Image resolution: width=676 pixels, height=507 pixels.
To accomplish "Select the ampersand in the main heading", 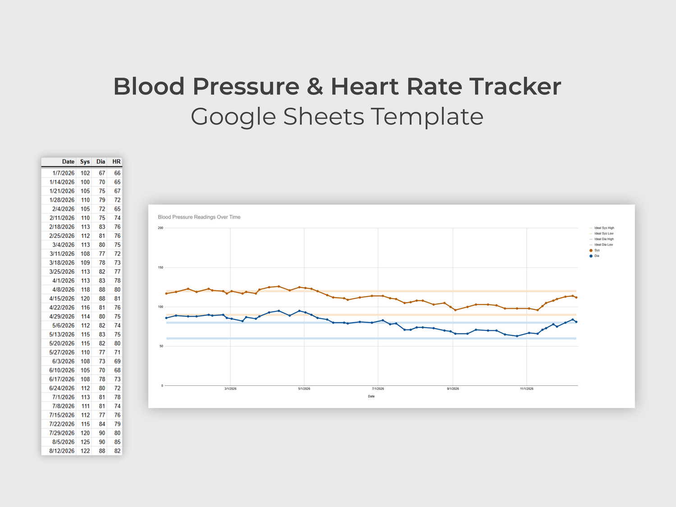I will (x=315, y=87).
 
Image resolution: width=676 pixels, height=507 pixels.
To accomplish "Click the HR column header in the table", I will (x=116, y=162).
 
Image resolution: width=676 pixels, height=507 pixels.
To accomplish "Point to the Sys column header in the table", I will (x=85, y=162).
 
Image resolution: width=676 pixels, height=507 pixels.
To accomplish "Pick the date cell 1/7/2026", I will (x=63, y=173).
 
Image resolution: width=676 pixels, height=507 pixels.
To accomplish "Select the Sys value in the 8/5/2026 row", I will (x=85, y=442).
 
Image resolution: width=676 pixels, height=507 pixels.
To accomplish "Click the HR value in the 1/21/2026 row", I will (x=117, y=191).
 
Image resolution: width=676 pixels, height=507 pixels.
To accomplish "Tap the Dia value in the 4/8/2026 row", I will (x=102, y=290).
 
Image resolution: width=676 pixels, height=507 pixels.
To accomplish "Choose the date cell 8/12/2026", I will (x=62, y=451).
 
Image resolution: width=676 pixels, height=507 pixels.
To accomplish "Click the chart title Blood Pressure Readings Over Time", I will (x=199, y=217).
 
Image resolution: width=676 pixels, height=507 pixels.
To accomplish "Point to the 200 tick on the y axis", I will (x=160, y=228).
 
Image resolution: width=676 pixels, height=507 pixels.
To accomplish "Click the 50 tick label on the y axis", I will (x=161, y=346).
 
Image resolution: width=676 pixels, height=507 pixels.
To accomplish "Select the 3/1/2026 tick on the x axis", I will (x=230, y=388).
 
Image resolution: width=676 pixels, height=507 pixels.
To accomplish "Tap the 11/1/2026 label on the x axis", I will (x=526, y=388).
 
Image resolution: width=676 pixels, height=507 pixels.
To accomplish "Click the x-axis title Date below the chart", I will (x=371, y=397).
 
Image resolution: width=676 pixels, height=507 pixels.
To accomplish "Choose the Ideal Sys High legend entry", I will (x=604, y=228).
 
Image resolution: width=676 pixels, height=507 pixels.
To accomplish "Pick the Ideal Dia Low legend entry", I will (x=603, y=245).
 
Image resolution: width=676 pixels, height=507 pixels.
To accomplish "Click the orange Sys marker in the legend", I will (x=591, y=251).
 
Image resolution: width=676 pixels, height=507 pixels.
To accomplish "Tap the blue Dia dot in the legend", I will (x=591, y=256).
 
